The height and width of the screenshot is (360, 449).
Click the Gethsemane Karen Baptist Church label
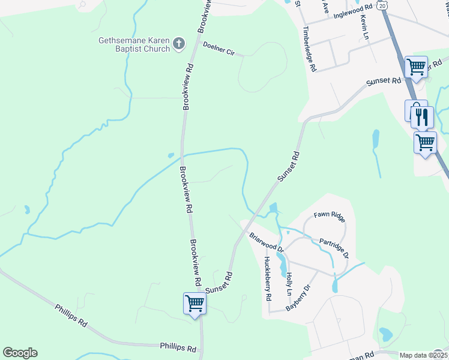(x=134, y=44)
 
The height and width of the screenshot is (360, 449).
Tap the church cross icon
(x=178, y=44)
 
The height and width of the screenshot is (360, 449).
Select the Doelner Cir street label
(x=218, y=48)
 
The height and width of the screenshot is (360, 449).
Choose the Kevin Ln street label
(x=364, y=27)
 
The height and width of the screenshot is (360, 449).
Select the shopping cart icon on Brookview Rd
(x=194, y=304)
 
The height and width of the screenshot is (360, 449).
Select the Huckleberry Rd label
(x=268, y=279)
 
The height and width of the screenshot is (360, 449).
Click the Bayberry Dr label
(x=300, y=296)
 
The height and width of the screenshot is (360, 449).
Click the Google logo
(x=20, y=353)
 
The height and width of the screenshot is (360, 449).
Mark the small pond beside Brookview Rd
(x=172, y=155)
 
